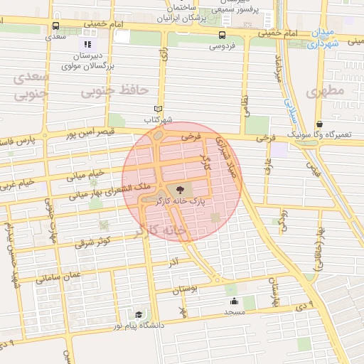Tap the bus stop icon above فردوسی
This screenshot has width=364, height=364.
pyautogui.click(x=223, y=35)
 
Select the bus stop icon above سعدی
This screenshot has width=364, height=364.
pyautogui.click(x=55, y=26)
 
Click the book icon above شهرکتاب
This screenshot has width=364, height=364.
pyautogui.click(x=159, y=109)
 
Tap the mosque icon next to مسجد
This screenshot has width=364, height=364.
pyautogui.click(x=233, y=301)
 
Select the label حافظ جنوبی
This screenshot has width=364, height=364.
pyautogui.click(x=114, y=91)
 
